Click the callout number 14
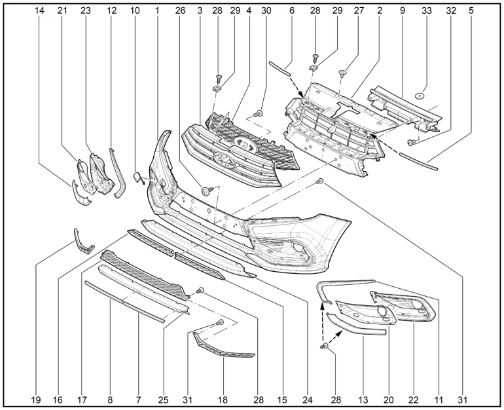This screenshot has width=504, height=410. click(41, 10)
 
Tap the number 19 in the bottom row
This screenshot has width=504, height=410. click(36, 398)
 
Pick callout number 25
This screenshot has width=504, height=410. click(163, 398)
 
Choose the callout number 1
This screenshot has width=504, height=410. click(157, 10)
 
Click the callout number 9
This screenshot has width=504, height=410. click(402, 10)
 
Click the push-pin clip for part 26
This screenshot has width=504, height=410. click(207, 191)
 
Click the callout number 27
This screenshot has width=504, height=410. click(359, 10)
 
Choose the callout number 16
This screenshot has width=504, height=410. click(58, 398)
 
